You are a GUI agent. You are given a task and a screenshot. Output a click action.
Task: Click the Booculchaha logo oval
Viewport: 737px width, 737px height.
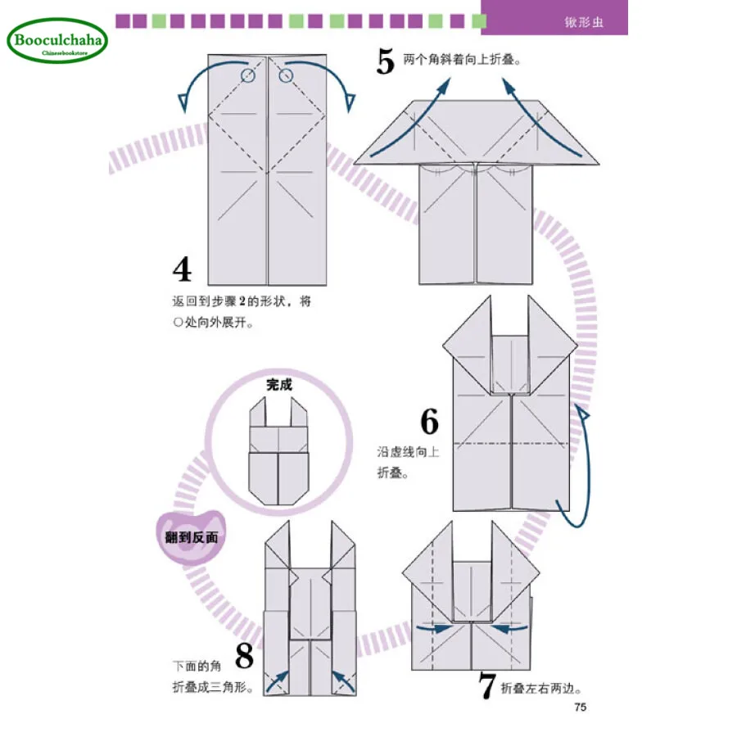coord(57,40)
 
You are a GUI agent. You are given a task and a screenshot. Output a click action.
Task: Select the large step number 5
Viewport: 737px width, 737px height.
coord(386,61)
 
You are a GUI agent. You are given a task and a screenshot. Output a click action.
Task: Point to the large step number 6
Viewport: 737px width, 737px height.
coord(429,421)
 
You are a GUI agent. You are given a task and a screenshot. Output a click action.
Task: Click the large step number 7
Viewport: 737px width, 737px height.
coord(487,687)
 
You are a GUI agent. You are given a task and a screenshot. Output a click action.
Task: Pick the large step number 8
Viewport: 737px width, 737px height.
coord(244,657)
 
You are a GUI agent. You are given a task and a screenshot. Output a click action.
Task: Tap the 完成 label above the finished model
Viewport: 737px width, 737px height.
coord(278,383)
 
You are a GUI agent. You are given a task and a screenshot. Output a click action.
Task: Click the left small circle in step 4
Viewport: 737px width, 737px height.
coord(249,76)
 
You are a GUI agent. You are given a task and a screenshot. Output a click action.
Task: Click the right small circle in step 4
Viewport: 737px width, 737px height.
coord(286,76)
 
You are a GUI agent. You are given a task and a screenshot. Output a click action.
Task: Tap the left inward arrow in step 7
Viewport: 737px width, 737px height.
coord(432,629)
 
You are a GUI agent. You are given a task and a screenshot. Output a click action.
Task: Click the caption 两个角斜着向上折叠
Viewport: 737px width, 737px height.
coord(463,59)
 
